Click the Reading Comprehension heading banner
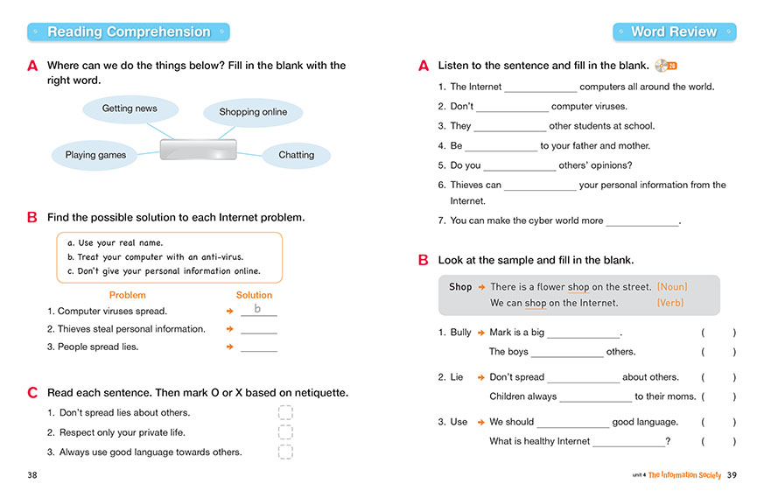point(129,32)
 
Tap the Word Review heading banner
point(674,32)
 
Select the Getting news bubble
point(130,109)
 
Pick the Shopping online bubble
point(253,112)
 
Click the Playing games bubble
point(95,155)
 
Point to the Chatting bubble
point(297,155)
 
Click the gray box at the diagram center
point(199,149)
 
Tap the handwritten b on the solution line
point(257,309)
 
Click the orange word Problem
point(128,295)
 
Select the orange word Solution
point(255,295)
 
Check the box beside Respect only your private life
point(285,432)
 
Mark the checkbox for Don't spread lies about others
point(285,412)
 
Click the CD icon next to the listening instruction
point(665,65)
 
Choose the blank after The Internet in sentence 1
point(540,88)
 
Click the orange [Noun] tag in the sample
point(672,286)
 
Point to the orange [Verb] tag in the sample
point(670,303)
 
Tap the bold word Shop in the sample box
point(460,286)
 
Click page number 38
point(32,474)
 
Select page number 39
point(732,474)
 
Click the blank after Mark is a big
point(583,333)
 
